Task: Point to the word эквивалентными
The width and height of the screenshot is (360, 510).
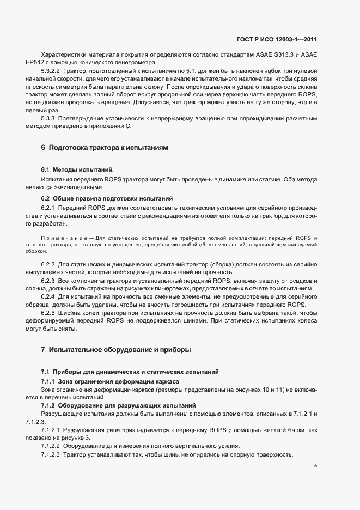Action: point(71,187)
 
